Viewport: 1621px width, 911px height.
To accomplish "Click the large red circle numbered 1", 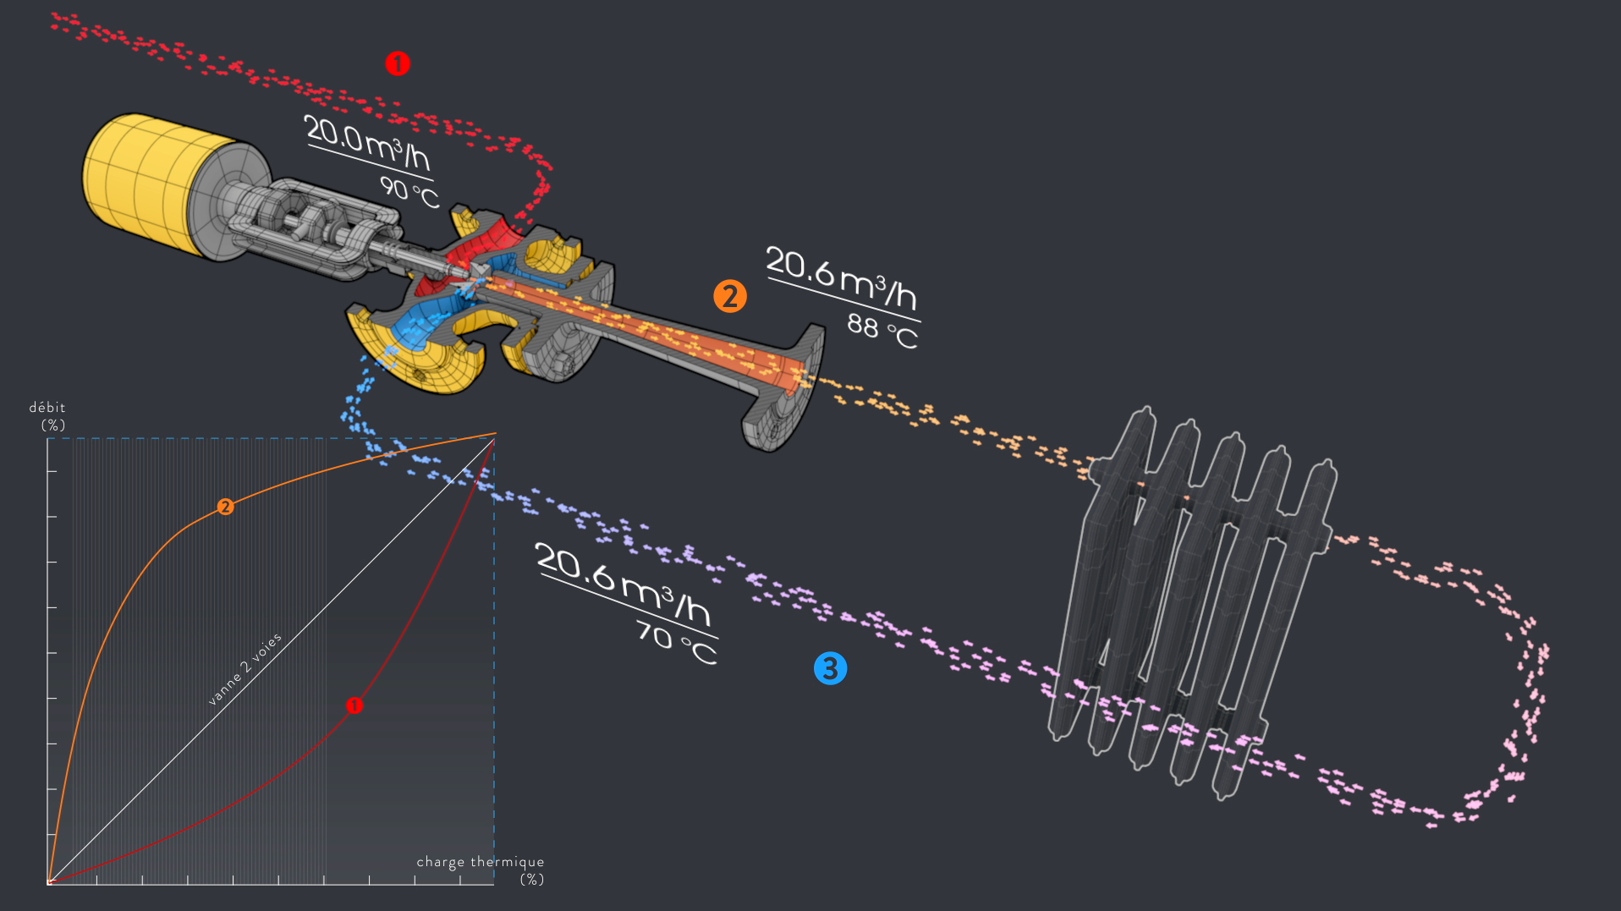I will (x=398, y=63).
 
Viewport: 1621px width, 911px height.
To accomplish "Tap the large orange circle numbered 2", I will (x=729, y=296).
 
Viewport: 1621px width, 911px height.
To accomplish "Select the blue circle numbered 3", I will (x=830, y=668).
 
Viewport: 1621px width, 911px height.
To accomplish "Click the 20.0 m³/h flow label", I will (x=367, y=143).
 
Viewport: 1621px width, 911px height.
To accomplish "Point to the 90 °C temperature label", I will (x=409, y=192).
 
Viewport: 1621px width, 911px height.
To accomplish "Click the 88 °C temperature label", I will (x=882, y=331).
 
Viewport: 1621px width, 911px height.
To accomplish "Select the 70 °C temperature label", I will (x=676, y=643).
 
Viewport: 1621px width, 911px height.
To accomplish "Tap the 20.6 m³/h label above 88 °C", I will (x=842, y=279).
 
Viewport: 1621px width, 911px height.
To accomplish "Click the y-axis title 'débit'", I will (x=47, y=408).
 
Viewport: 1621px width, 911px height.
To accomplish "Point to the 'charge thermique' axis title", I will (x=480, y=862).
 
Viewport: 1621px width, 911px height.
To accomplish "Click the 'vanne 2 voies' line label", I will (x=245, y=668).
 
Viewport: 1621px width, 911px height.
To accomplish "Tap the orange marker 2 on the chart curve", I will (x=225, y=507).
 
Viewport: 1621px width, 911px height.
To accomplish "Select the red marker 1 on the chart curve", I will (x=354, y=705).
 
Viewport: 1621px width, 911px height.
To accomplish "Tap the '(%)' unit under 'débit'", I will (x=53, y=425).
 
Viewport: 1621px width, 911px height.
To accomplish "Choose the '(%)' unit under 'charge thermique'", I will (x=531, y=880).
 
